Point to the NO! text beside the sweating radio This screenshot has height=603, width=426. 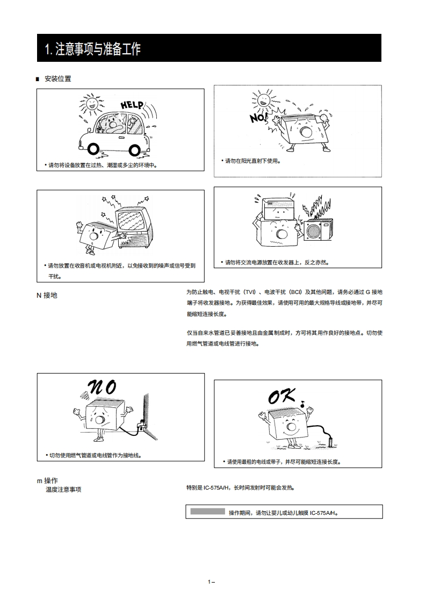coord(258,116)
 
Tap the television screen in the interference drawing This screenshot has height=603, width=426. coord(131,221)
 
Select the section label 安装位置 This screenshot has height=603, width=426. coord(57,79)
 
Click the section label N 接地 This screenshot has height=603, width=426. coord(47,296)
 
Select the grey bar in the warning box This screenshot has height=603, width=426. coord(207,512)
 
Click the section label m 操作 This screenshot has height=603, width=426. coord(47,480)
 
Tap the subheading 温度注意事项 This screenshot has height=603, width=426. coord(63,490)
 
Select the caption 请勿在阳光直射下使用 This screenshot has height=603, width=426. coord(252,161)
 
